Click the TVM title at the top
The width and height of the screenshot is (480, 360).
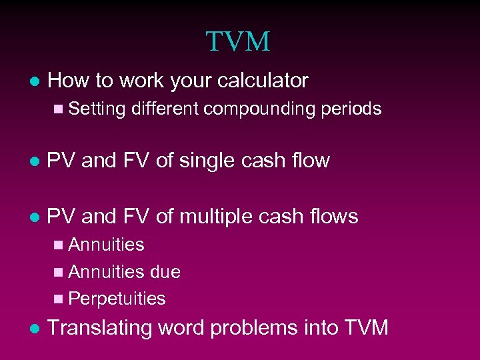(238, 41)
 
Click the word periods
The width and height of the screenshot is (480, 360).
(352, 109)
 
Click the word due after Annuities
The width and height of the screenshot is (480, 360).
(165, 272)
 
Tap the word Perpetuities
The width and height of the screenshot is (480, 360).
(117, 299)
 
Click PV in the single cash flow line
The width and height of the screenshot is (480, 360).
(62, 161)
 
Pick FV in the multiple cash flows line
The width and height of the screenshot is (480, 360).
(135, 217)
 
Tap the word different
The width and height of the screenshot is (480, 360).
(165, 109)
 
